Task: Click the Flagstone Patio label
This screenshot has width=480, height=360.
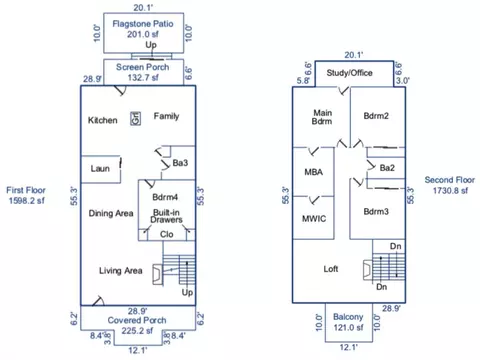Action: point(143,24)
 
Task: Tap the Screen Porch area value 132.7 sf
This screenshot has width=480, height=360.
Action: point(143,77)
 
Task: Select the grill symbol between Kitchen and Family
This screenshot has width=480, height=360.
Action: point(135,118)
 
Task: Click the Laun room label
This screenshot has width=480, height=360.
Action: point(100,168)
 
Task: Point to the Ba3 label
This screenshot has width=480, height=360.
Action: point(180,163)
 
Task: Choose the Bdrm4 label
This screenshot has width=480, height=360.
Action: point(165,197)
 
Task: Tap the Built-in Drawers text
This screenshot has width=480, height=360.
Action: point(166,216)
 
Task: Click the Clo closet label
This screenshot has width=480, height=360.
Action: point(166,234)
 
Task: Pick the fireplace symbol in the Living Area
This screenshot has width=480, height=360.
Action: point(157,275)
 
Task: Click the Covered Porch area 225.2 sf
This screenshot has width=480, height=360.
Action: point(137,331)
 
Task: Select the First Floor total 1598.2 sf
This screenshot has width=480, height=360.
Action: point(27,201)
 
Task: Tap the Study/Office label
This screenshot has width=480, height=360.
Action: point(349,73)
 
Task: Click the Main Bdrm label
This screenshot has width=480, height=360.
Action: point(322,117)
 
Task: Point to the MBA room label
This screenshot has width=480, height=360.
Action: point(313,172)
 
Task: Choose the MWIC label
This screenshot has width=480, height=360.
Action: point(314,219)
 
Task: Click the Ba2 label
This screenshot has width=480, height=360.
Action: point(387,168)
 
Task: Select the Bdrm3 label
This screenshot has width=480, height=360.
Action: point(376,211)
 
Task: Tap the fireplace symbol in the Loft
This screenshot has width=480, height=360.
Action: point(367,270)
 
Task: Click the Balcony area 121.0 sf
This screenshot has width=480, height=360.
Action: point(348,328)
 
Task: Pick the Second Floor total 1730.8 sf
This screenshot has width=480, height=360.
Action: point(450,190)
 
